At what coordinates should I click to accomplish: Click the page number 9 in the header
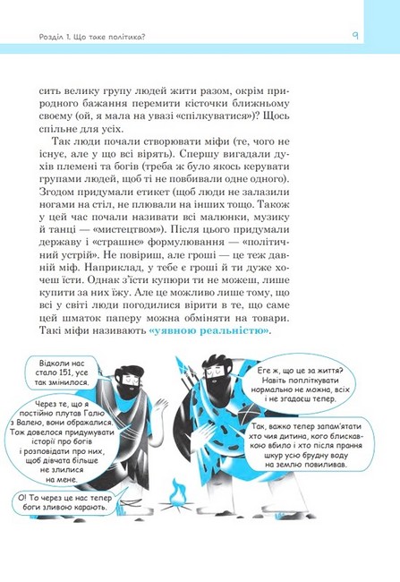[x=355, y=36]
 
